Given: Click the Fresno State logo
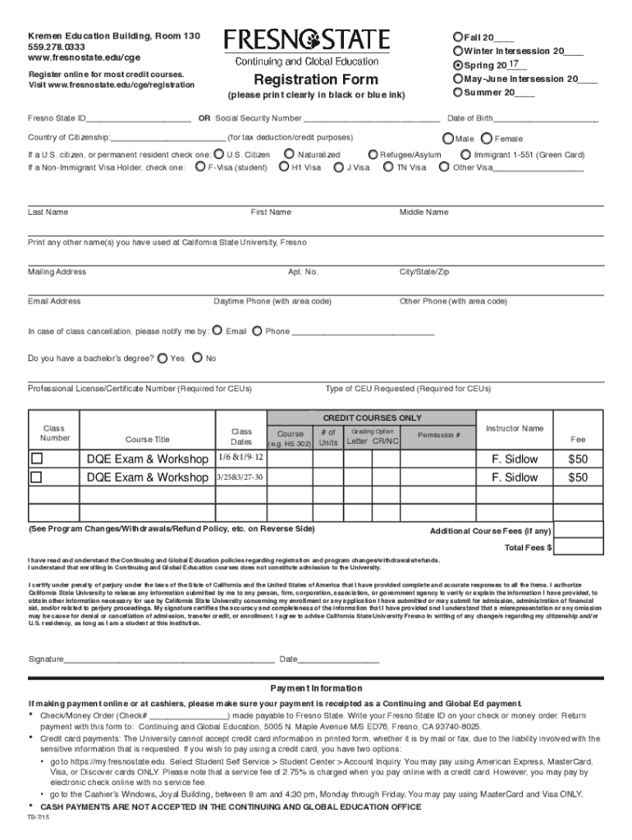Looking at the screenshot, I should (x=307, y=40).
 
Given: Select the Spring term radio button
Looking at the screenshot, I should (x=458, y=64).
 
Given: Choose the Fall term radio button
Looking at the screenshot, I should (x=458, y=38).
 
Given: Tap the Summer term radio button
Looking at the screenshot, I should (x=458, y=91).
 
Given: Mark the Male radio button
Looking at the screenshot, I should (x=448, y=139).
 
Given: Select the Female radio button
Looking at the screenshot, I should (x=487, y=139).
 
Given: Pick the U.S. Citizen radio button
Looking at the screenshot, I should (x=218, y=154).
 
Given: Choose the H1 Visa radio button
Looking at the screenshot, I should (x=284, y=167).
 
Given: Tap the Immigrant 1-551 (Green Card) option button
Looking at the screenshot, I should (x=466, y=154).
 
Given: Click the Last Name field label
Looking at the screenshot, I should (x=48, y=212).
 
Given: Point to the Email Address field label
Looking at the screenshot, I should (x=54, y=301).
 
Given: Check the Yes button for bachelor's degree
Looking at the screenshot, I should (x=163, y=358).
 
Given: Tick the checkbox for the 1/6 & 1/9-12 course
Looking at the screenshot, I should (x=36, y=459).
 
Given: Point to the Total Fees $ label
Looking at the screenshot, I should (x=528, y=547).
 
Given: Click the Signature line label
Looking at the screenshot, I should (x=46, y=659).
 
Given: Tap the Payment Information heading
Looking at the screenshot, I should (x=316, y=688).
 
